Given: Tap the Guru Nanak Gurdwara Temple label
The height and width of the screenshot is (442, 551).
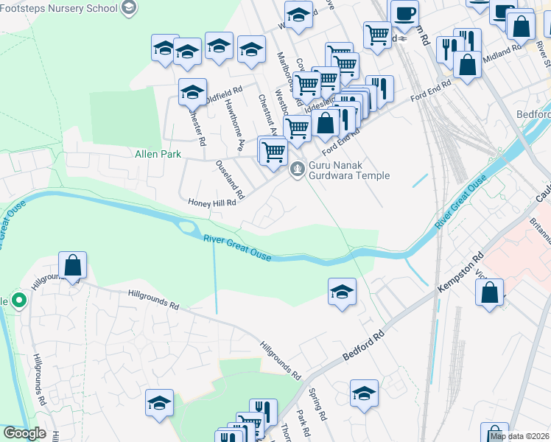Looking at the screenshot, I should [348, 170].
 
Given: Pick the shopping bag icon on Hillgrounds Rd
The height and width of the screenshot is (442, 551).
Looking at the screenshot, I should [73, 265].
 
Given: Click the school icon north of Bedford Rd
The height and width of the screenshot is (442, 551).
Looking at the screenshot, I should [342, 292].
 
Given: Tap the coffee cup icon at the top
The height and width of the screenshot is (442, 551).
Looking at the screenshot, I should [404, 13].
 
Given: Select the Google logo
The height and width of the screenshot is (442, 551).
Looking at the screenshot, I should [24, 433].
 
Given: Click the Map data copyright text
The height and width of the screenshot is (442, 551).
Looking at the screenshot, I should [520, 436].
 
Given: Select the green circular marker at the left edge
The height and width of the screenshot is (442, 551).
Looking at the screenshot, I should [19, 301].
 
